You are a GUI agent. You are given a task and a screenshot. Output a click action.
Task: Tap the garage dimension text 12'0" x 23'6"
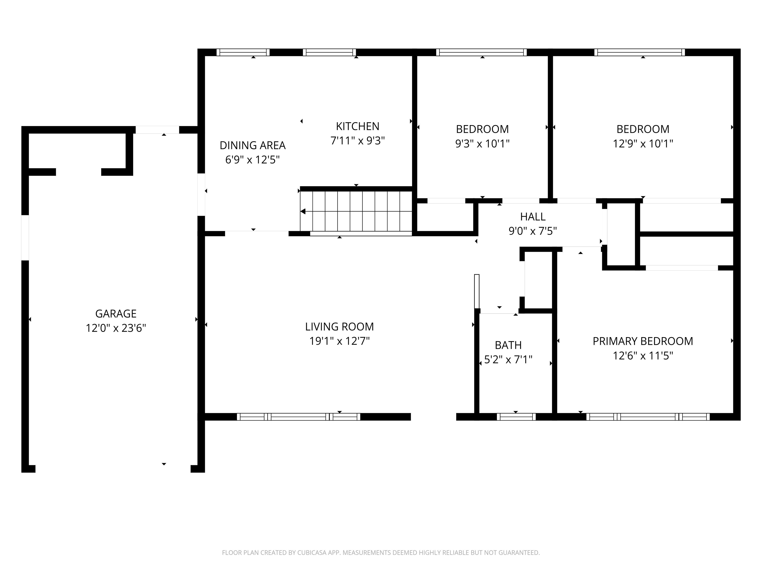(116, 328)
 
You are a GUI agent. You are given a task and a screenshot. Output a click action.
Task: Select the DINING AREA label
(253, 145)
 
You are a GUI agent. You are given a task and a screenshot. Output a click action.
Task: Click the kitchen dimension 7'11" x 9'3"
(358, 141)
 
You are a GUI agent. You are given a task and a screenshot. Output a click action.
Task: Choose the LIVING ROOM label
(339, 326)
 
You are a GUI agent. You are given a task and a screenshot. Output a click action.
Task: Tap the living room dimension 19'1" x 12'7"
(339, 341)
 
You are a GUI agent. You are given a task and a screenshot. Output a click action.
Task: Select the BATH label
(508, 345)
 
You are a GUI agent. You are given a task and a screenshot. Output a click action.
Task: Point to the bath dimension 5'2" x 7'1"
(508, 360)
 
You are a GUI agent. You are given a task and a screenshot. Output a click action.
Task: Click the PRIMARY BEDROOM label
(643, 341)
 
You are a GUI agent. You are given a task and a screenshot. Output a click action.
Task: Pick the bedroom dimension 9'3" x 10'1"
(482, 143)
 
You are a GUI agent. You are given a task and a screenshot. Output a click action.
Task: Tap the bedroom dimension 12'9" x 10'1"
(643, 143)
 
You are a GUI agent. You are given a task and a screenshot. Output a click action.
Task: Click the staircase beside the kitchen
(356, 211)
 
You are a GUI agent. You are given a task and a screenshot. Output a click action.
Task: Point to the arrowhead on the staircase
(303, 211)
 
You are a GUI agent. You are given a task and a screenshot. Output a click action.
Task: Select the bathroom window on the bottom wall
(516, 417)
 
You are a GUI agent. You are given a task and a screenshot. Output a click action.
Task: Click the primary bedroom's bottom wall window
(648, 417)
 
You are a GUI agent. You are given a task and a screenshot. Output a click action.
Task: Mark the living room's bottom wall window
(298, 417)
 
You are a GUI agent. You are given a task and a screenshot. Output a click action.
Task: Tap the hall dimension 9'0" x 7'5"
(533, 231)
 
